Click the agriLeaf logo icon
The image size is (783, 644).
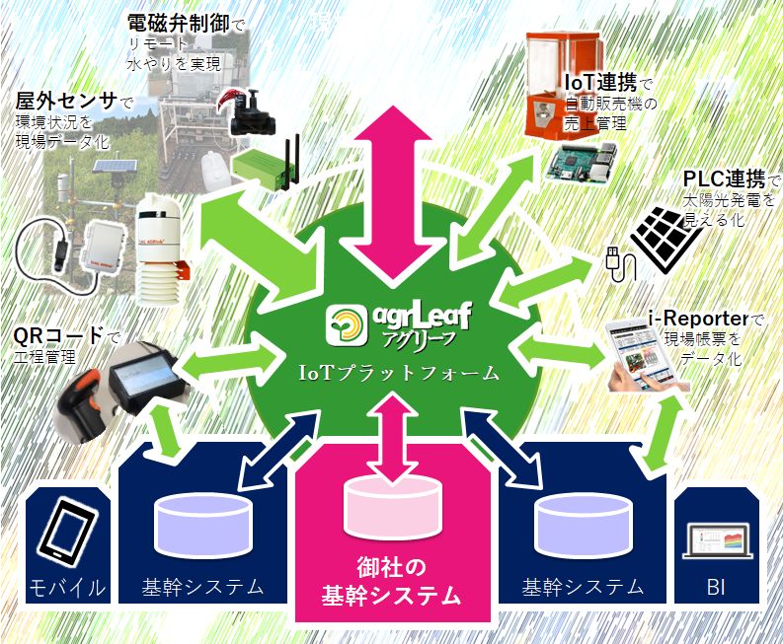pos(349,326)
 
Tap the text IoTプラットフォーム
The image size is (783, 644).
pos(400,374)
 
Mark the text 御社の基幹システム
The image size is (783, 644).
pos(393,581)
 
